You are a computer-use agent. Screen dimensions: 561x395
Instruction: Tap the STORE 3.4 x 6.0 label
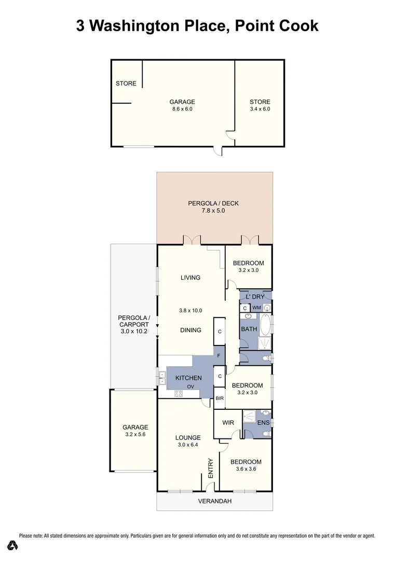point(260,105)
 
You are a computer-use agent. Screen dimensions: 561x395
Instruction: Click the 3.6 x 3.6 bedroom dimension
point(246,469)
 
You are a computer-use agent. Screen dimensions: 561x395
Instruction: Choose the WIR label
point(228,423)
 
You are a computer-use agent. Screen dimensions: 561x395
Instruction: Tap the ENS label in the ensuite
point(264,423)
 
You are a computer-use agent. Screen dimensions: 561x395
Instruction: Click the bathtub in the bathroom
point(265,324)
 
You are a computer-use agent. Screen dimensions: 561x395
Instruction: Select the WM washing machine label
point(256,308)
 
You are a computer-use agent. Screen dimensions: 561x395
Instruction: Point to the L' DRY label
point(255,297)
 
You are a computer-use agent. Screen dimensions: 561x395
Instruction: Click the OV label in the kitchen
point(190,386)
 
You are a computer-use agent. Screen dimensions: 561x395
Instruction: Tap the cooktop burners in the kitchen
point(179,393)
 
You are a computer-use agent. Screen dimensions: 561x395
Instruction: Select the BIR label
point(220,399)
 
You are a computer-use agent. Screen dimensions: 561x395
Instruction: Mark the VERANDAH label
point(214,501)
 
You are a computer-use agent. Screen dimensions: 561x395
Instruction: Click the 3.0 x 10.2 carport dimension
point(134,331)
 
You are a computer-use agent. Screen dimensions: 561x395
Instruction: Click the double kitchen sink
point(161,376)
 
